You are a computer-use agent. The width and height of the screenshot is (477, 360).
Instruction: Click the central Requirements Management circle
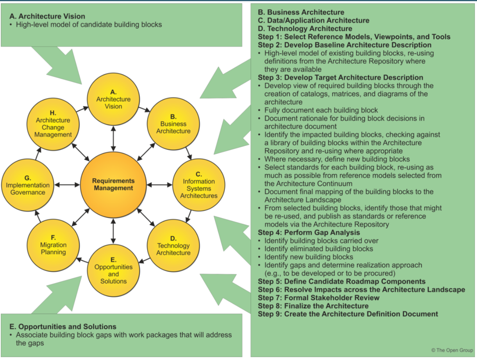[x=113, y=185]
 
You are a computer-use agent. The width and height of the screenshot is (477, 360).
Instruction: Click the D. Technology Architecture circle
[x=173, y=246]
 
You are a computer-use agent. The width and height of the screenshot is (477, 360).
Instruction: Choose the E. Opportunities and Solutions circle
[x=114, y=270]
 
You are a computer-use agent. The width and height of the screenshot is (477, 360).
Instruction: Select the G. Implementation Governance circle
[x=28, y=185]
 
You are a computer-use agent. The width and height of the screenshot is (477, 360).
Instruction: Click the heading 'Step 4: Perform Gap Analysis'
[x=309, y=233]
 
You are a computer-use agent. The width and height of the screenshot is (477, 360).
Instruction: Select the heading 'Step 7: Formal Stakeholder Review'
[x=318, y=298]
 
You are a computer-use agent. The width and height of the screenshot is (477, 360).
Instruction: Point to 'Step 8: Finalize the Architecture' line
[x=313, y=306]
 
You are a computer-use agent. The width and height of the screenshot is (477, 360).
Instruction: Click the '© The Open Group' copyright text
[x=452, y=350]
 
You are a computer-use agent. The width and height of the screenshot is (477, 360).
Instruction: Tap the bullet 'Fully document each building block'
[x=321, y=110]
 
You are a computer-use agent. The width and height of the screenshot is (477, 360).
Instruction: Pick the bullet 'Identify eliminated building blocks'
[x=319, y=249]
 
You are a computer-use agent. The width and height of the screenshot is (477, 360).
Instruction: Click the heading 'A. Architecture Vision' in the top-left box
[x=47, y=16]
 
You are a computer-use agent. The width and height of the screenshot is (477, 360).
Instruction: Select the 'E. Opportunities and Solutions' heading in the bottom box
[x=63, y=327]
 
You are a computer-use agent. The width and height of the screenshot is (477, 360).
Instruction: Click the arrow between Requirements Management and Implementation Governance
[x=68, y=185]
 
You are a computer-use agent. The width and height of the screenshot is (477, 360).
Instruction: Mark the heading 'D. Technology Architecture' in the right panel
[x=305, y=29]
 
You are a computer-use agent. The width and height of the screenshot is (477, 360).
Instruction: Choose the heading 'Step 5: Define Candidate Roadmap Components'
[x=342, y=282]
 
